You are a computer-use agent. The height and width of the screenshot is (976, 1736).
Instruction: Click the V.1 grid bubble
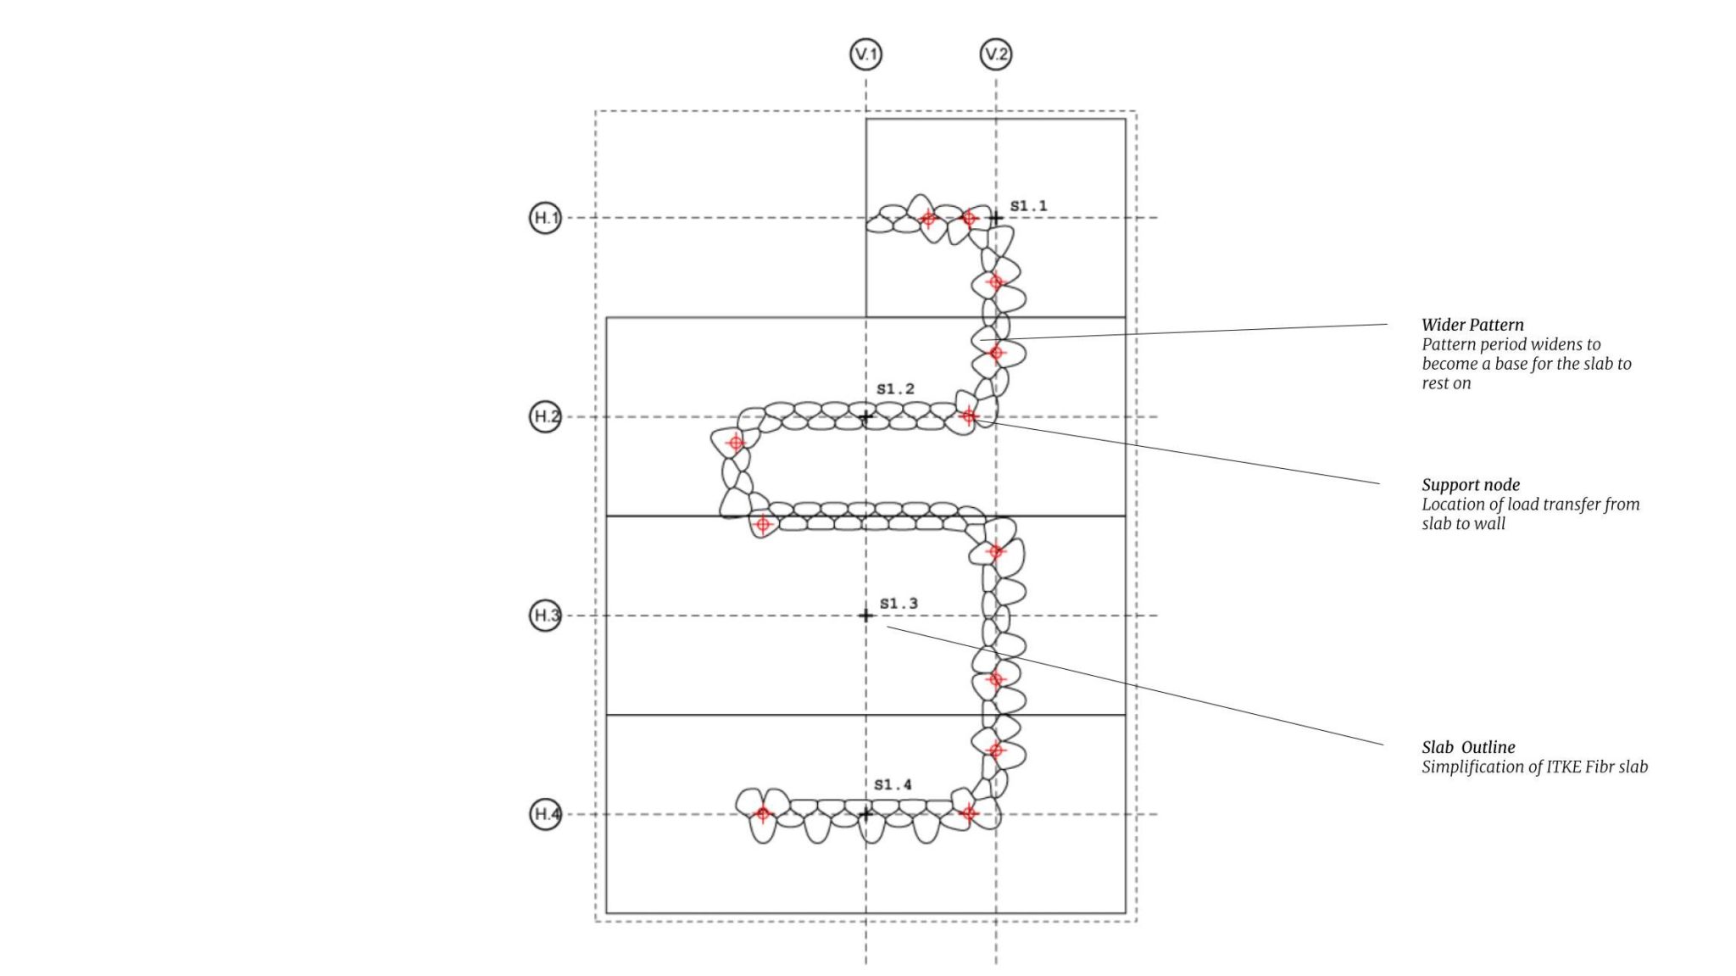coord(865,54)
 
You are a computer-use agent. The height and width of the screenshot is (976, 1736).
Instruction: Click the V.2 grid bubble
coord(996,54)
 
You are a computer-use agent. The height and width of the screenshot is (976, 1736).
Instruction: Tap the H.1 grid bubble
coord(546,218)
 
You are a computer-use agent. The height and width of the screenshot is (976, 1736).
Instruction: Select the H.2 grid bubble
coord(546,416)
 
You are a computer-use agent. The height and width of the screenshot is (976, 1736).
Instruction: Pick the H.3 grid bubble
coord(546,615)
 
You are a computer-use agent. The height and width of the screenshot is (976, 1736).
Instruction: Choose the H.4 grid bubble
coord(546,814)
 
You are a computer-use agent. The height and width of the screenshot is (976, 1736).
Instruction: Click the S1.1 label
coord(1028,205)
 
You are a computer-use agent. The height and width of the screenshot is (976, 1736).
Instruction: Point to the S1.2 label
coord(895,388)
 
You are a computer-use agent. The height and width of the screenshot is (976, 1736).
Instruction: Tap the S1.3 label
coord(899,603)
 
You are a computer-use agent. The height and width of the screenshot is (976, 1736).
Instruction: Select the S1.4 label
coord(893,784)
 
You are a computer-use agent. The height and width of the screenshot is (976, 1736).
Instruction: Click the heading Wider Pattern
coord(1472,325)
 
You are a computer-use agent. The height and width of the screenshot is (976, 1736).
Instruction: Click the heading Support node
coord(1471,485)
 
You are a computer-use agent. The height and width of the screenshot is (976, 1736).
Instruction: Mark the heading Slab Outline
coord(1468,747)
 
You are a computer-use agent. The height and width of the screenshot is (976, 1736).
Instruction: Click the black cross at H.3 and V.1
coord(865,615)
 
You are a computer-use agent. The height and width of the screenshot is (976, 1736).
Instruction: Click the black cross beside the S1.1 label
coord(996,218)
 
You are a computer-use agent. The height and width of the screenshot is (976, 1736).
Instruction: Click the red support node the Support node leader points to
coord(969,416)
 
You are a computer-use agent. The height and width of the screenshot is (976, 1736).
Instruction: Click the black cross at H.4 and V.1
coord(865,814)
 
